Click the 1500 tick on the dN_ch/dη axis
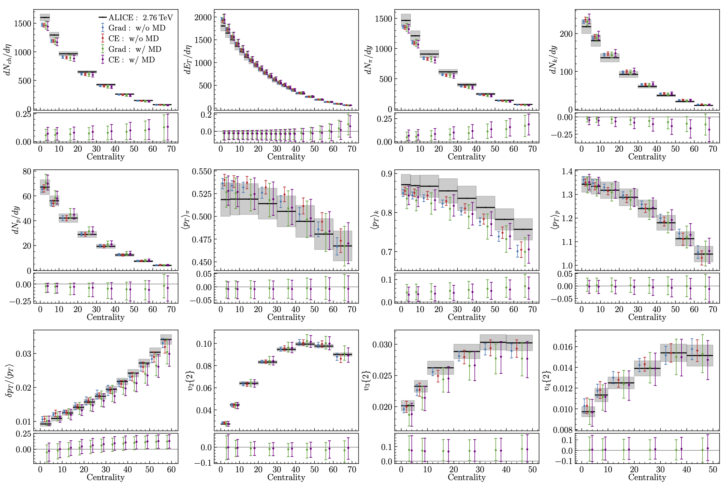tap(23, 24)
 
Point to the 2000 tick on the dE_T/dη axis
tap(203, 17)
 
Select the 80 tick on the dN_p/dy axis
tap(27, 171)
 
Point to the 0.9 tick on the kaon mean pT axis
tap(387, 174)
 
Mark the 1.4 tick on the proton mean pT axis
tap(567, 171)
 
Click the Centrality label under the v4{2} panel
tap(647, 477)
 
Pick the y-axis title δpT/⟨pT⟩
tap(10, 381)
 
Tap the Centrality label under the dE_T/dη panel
tap(286, 157)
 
